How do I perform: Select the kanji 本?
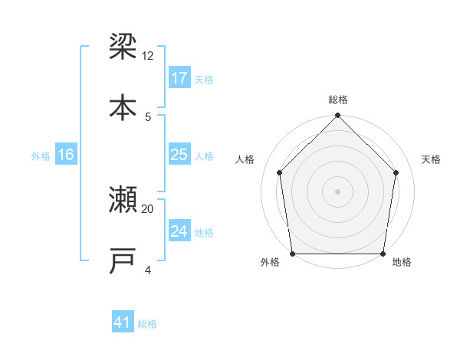pos(123,106)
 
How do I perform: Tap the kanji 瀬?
pos(123,199)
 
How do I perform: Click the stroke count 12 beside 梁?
pos(148,56)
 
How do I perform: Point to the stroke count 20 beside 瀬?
pos(148,208)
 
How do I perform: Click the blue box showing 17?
pos(179,78)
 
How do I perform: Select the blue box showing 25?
pos(179,155)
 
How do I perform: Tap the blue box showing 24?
pos(179,231)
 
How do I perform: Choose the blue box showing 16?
pos(66,155)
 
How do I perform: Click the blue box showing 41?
pos(123,322)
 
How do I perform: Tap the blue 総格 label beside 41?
pos(147,323)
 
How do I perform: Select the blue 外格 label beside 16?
pos(41,155)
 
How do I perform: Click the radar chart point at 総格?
pos(337,116)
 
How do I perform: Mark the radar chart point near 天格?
pos(396,172)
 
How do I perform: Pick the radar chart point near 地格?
pos(383,254)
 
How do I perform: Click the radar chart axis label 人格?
pos(245,159)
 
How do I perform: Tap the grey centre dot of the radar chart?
pos(337,191)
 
